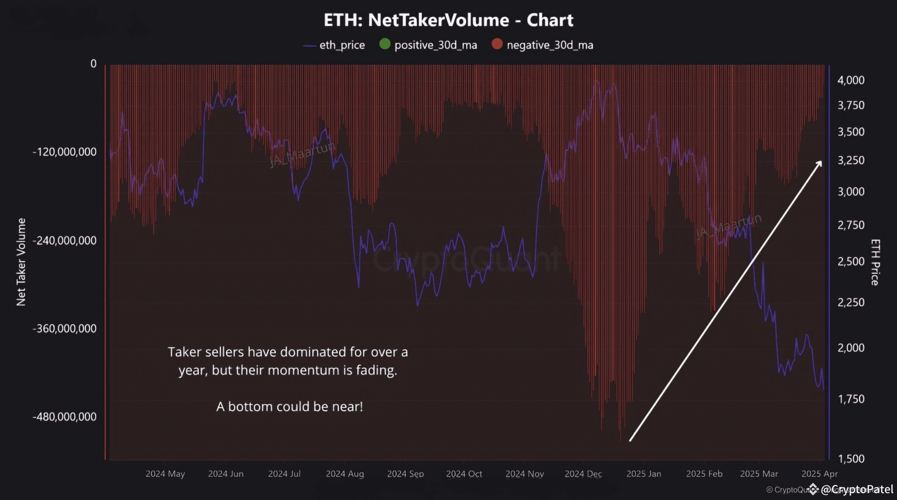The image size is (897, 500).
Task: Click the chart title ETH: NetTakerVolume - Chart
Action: tap(448, 20)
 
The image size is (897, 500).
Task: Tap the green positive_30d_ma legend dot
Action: tap(384, 44)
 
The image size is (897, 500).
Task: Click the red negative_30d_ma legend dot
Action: tap(497, 44)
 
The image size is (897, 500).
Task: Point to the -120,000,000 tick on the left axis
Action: tap(64, 152)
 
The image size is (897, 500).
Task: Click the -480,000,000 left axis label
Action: tap(64, 417)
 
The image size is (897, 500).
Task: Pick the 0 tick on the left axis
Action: tap(94, 64)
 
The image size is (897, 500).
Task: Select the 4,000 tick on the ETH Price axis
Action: tap(851, 80)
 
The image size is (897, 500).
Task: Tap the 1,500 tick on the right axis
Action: tap(851, 459)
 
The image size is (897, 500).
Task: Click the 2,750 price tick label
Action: tap(851, 225)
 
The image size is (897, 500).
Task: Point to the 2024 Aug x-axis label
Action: tap(345, 474)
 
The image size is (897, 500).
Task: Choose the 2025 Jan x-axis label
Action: tap(643, 474)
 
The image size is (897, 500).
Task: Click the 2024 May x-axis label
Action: tap(165, 474)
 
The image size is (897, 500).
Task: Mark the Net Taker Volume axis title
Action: tap(21, 262)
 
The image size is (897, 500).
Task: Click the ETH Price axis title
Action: tap(875, 262)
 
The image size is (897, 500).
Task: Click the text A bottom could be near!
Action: tap(289, 406)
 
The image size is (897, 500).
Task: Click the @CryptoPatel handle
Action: tap(857, 489)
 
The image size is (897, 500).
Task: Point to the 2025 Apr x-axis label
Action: tap(819, 474)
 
